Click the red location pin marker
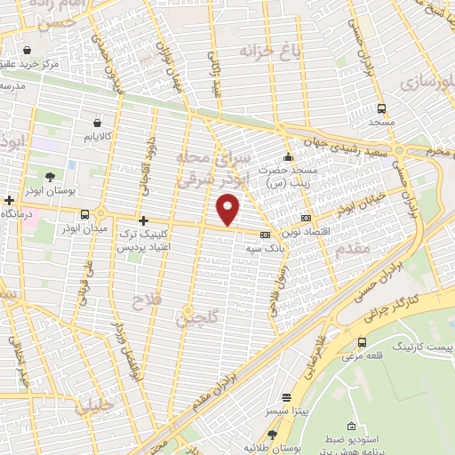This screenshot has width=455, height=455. point(229,210)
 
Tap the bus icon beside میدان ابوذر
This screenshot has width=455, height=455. point(85,214)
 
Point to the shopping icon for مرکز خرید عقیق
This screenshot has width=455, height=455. point(29,50)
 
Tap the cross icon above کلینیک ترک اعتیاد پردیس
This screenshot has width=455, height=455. point(142,219)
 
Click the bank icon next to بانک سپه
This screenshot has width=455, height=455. point(265,235)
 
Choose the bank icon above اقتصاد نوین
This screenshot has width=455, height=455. point(307,218)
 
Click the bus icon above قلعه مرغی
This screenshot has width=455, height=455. point(362,342)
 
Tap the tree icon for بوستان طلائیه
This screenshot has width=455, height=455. point(272,435)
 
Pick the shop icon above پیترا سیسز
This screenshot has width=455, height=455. point(285,399)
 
